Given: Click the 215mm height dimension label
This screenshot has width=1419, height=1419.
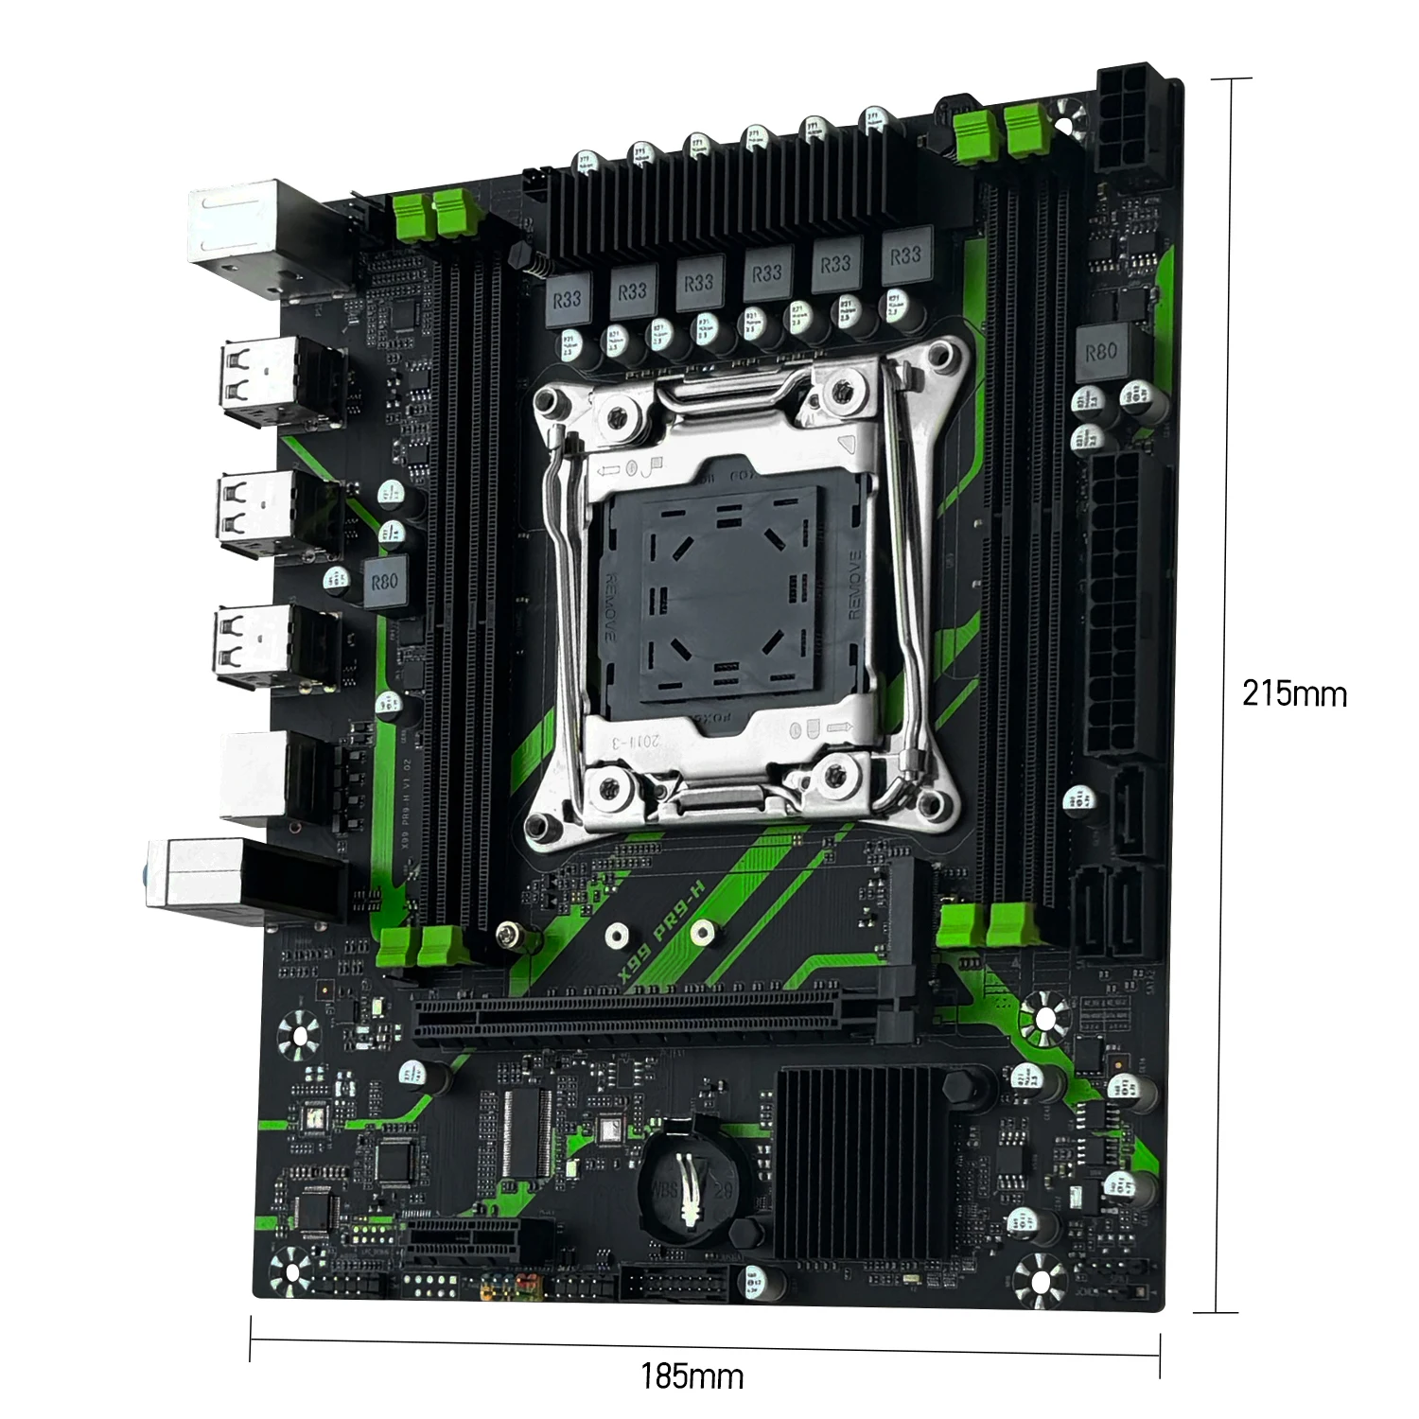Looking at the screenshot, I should click(1293, 693).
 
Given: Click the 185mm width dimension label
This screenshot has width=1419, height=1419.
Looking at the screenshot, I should click(692, 1375).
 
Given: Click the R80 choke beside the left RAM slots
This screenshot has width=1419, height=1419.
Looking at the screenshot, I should click(384, 582).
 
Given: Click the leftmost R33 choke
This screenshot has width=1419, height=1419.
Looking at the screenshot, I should click(567, 301).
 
